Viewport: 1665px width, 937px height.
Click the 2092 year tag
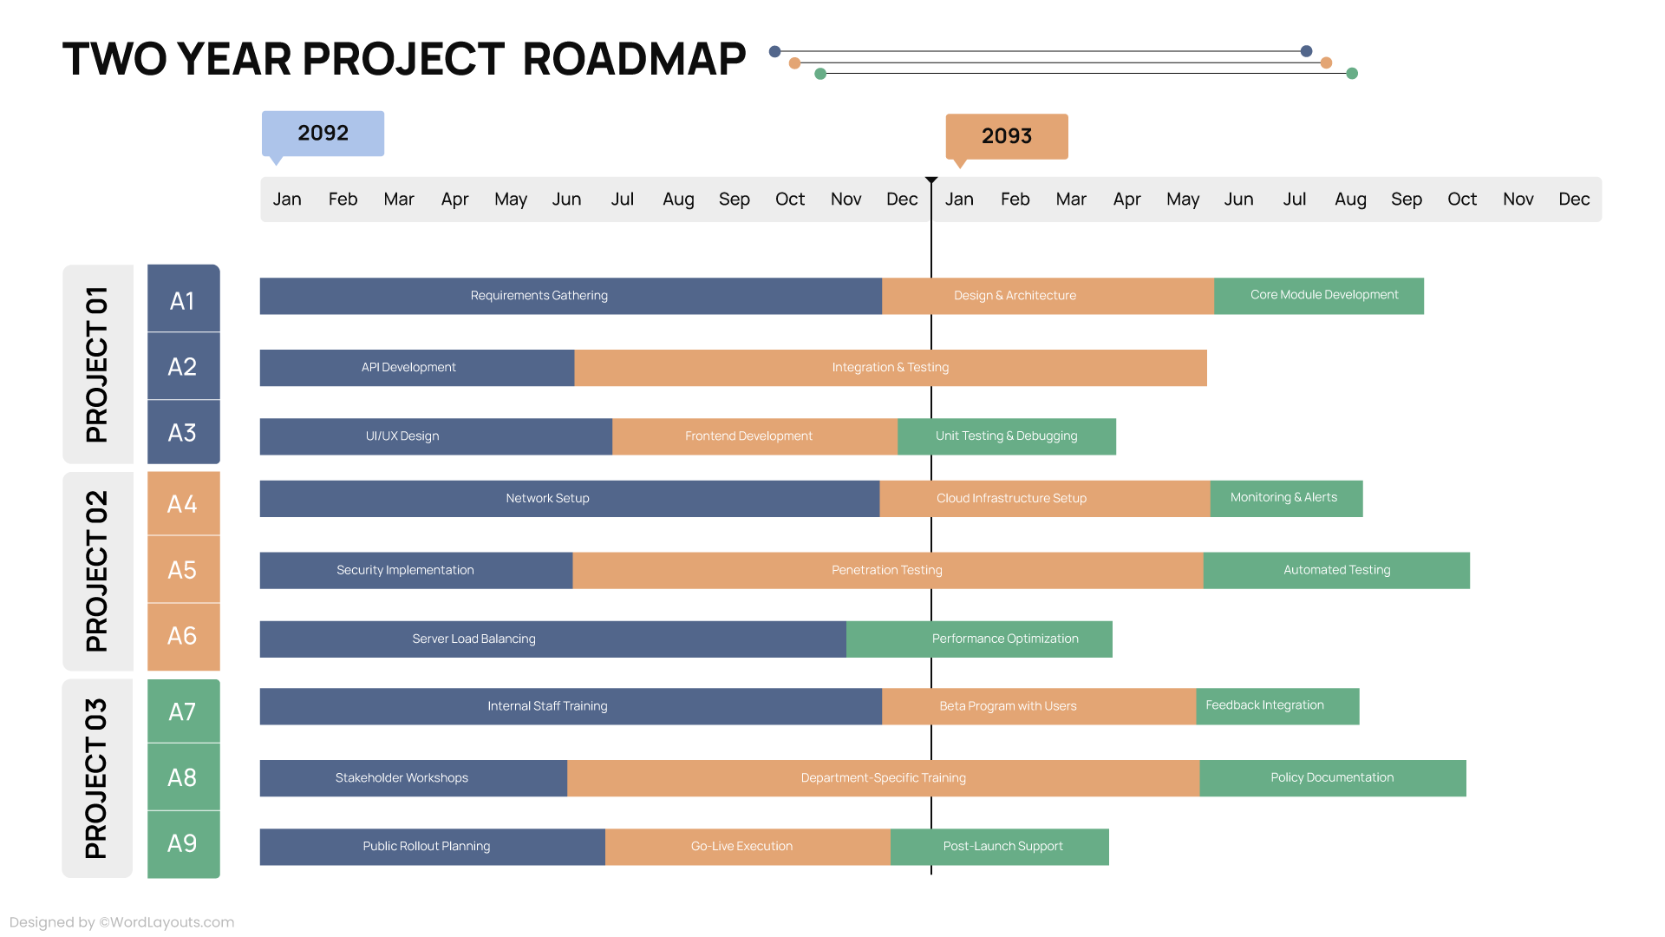323,134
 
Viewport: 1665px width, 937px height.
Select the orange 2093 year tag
1006,136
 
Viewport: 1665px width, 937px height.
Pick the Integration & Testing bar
890,368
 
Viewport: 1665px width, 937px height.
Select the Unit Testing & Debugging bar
1006,436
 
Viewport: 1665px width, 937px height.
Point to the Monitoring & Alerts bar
1285,498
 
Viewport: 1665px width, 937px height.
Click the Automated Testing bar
1335,570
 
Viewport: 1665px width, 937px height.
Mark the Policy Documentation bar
1332,778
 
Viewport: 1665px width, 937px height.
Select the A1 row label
183,300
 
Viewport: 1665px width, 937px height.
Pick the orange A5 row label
183,570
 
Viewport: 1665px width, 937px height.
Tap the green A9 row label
183,843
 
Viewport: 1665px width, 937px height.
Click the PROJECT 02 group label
97,571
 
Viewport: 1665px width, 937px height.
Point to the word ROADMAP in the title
634,59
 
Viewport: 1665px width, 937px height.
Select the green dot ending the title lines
1351,74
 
